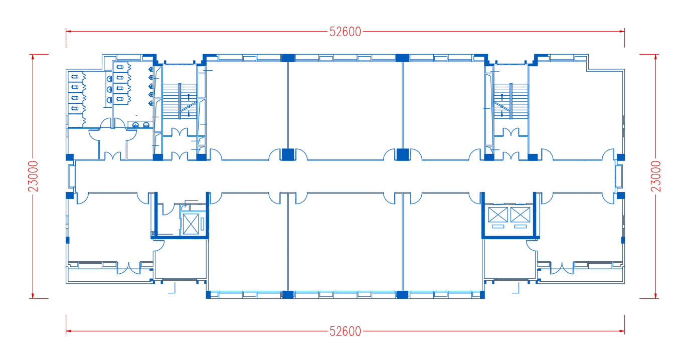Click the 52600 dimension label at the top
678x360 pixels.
[x=345, y=32]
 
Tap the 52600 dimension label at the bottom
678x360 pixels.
[x=345, y=331]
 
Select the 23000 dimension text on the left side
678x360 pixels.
[x=33, y=176]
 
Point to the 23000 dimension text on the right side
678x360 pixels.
[x=656, y=176]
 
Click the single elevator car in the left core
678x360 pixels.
[x=191, y=224]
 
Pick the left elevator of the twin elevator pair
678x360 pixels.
[x=498, y=215]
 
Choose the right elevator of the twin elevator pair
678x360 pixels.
[x=521, y=215]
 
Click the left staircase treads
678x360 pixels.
[x=180, y=101]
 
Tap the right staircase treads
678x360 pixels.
[x=511, y=101]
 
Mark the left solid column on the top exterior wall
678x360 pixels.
[x=288, y=58]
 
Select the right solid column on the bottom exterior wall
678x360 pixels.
[x=402, y=295]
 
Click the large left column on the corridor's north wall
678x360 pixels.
[x=288, y=154]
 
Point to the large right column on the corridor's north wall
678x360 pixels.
[x=403, y=154]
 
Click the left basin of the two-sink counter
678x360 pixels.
[x=135, y=125]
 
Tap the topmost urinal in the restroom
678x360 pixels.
[x=151, y=69]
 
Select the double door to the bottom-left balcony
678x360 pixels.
[x=129, y=268]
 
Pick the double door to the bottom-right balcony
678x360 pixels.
[x=562, y=268]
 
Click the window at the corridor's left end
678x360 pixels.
[x=71, y=176]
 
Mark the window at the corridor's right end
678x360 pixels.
[x=619, y=176]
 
